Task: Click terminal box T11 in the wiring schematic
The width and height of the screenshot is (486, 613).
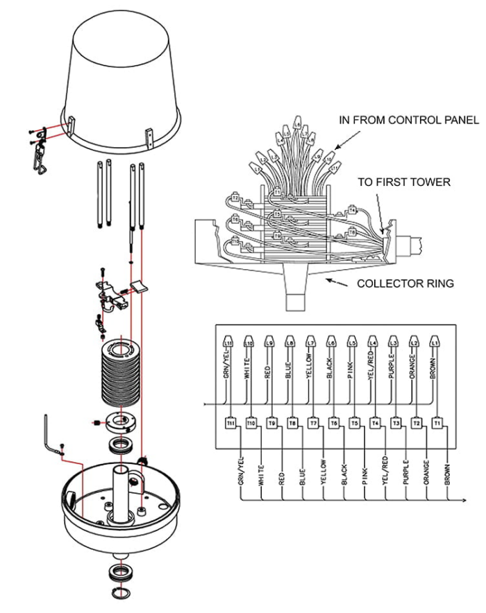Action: [x=231, y=422]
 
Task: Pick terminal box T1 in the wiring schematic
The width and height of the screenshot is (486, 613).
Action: [x=437, y=422]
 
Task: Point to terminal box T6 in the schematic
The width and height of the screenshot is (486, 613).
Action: [x=334, y=422]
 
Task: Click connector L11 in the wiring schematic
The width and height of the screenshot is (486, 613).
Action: [x=229, y=343]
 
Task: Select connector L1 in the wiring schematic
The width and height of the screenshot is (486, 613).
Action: [x=435, y=343]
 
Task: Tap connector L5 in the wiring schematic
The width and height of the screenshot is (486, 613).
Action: [x=353, y=343]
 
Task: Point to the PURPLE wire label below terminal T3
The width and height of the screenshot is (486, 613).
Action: [x=406, y=473]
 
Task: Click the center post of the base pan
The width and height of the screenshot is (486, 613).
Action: [x=123, y=493]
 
